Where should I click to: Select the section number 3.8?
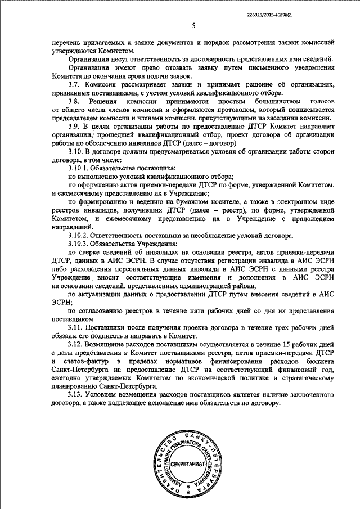pos(73,101)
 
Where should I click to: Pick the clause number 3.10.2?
pos(78,235)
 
